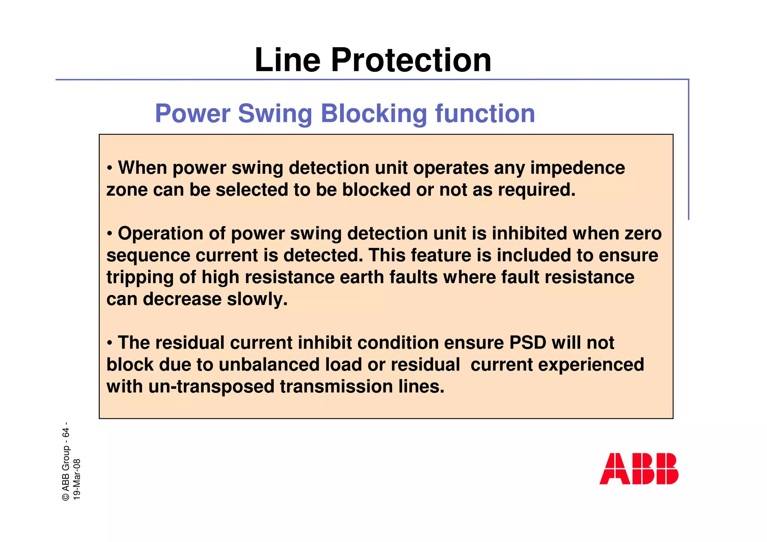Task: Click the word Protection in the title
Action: click(411, 61)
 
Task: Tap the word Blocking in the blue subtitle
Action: click(374, 113)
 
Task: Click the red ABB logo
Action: click(639, 469)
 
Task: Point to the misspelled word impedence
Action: click(577, 168)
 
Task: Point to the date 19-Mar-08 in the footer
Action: click(77, 479)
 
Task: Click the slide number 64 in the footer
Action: click(66, 433)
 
